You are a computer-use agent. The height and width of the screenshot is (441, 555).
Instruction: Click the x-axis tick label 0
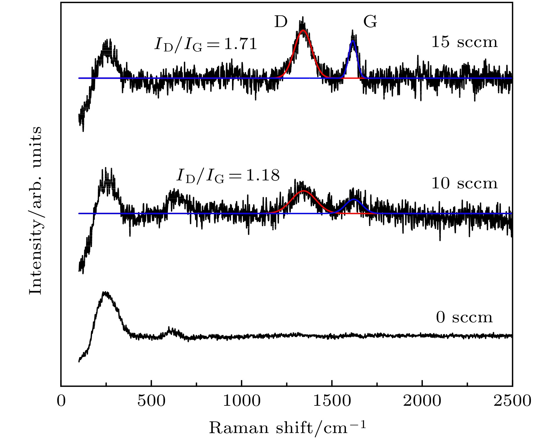61,401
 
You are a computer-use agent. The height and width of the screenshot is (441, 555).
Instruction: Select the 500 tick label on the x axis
151,401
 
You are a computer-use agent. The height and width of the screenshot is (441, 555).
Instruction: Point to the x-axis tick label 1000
241,401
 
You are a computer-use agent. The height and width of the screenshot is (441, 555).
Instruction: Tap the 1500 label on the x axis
332,401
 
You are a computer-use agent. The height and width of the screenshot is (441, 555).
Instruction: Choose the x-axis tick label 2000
422,401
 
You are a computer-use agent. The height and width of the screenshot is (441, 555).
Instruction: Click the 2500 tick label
512,401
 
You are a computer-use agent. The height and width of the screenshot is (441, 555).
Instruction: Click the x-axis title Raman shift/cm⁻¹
287,427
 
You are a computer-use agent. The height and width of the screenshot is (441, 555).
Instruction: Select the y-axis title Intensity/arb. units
36,210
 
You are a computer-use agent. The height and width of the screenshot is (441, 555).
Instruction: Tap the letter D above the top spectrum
280,22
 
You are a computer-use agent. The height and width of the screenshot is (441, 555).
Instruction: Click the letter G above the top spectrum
370,22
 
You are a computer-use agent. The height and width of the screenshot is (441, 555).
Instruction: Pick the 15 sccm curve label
464,42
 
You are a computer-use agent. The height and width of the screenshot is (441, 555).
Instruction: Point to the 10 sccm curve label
464,183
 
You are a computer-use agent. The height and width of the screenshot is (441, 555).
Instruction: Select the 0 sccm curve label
464,318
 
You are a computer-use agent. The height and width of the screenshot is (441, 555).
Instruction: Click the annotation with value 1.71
206,44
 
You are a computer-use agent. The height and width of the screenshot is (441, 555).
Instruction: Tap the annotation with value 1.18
228,176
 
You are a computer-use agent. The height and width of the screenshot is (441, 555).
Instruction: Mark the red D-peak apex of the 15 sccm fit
303,30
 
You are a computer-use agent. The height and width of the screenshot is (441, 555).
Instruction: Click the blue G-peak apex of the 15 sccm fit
353,41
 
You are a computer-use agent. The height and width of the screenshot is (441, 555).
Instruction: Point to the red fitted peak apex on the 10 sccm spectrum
304,191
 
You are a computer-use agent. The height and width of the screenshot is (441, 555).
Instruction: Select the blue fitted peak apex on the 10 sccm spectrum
354,199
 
